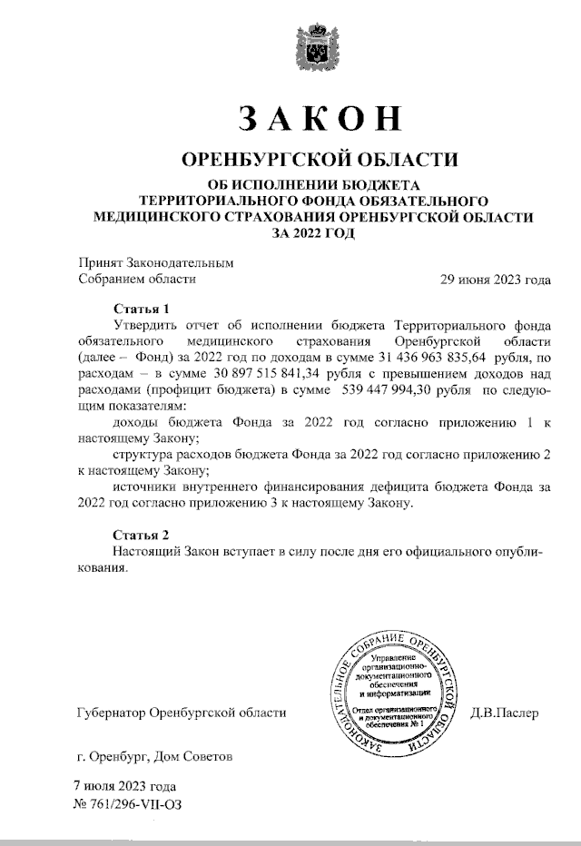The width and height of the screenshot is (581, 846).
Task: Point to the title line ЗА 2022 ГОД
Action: pos(315,232)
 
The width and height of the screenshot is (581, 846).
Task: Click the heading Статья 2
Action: pos(141,534)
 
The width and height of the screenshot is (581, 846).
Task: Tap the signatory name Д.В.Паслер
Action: pos(506,713)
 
